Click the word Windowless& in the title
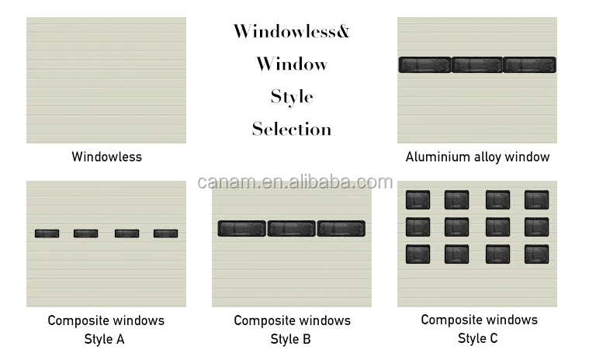coord(292,32)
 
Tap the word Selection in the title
coord(292,130)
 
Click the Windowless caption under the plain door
coord(107,157)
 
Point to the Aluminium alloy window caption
coord(477,157)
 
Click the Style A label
coord(105,338)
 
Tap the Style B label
coord(292,338)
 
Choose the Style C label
coord(478,337)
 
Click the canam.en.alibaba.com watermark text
coord(295,182)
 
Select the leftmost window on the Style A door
coord(47,233)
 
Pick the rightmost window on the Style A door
coord(165,233)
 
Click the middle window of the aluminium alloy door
coord(477,65)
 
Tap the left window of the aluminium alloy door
coord(425,65)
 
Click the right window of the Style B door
coord(341,229)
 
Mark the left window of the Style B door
coord(242,229)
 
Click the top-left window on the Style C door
coord(417,200)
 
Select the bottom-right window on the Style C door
coord(536,254)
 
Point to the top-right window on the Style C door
coord(536,200)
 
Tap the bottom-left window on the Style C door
coord(417,254)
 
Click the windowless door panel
coord(106,80)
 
